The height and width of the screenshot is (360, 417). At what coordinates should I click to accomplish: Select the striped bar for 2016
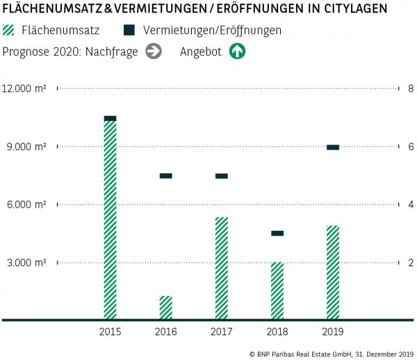pyautogui.click(x=165, y=308)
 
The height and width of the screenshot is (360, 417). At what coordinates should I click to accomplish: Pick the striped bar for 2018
pyautogui.click(x=277, y=291)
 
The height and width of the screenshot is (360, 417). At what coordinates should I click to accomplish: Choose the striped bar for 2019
pyautogui.click(x=333, y=272)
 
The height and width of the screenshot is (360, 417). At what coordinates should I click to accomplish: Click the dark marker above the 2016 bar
pyautogui.click(x=165, y=176)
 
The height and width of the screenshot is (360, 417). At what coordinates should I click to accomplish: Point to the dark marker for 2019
pyautogui.click(x=333, y=147)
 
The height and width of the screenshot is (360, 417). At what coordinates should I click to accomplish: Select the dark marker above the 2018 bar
pyautogui.click(x=277, y=234)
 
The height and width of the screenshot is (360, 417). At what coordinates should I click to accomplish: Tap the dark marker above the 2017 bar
pyautogui.click(x=221, y=176)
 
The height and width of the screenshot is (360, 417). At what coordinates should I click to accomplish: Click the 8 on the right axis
pyautogui.click(x=411, y=89)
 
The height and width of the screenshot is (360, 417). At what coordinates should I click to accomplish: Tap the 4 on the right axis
pyautogui.click(x=411, y=205)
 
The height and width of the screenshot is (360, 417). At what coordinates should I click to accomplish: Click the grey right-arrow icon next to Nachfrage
pyautogui.click(x=154, y=51)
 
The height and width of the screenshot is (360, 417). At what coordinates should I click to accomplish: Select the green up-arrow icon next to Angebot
pyautogui.click(x=238, y=51)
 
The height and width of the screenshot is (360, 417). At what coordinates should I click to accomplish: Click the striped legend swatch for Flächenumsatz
pyautogui.click(x=10, y=31)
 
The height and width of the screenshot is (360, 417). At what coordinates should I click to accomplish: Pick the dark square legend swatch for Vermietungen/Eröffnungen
pyautogui.click(x=129, y=31)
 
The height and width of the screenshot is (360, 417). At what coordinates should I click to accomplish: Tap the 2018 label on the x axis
pyautogui.click(x=277, y=332)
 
